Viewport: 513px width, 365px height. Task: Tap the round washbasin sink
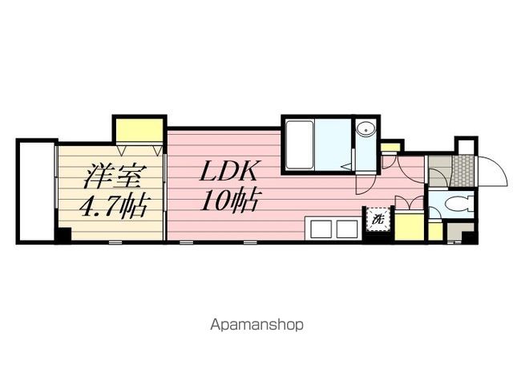366,130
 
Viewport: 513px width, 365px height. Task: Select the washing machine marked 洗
378,217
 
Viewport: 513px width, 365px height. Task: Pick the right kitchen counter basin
346,229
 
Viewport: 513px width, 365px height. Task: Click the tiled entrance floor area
463,169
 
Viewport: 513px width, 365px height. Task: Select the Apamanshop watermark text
256,326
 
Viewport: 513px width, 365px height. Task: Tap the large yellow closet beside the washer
409,225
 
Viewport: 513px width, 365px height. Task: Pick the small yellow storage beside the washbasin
391,148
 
